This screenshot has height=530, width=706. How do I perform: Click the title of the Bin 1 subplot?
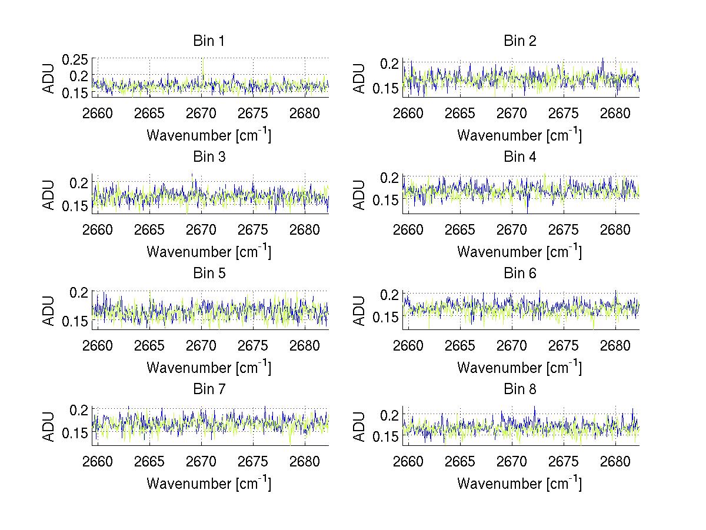coord(209,41)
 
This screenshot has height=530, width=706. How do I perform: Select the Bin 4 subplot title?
coord(519,157)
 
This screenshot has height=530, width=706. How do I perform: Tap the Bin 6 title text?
coord(519,274)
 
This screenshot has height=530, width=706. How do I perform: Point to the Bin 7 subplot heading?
coord(209,389)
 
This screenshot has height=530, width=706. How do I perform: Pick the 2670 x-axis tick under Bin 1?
coord(201,114)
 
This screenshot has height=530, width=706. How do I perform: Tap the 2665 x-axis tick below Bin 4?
coord(460,229)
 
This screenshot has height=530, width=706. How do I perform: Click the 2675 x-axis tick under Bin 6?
coord(564,346)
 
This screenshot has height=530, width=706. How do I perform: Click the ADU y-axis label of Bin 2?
coord(360,78)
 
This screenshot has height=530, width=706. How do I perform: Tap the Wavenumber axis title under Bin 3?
coord(209,251)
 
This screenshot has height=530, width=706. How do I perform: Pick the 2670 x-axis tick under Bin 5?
coord(201,346)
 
